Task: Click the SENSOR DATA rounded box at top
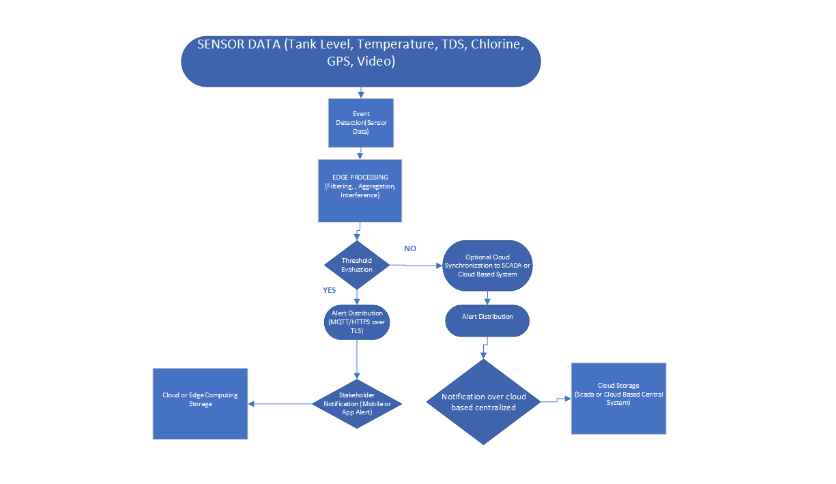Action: pos(360,61)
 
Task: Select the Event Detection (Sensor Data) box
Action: pos(361,122)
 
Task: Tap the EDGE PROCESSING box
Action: pos(360,190)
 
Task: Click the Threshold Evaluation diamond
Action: pos(357,265)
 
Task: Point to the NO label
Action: pos(410,248)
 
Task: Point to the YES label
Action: pos(330,290)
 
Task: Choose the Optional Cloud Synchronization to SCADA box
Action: pos(487,266)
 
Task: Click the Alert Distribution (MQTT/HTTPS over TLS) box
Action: pos(357,322)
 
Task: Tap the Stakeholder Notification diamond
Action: pos(357,403)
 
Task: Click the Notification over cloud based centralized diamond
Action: pos(483,402)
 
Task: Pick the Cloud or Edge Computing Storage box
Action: pos(200,403)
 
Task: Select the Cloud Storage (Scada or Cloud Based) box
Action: pos(618,398)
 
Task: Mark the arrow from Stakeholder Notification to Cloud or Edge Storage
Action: pos(280,404)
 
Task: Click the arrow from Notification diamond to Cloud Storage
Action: pos(556,400)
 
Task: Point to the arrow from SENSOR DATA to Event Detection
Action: pos(361,92)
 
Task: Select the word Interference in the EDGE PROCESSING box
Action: pos(360,195)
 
